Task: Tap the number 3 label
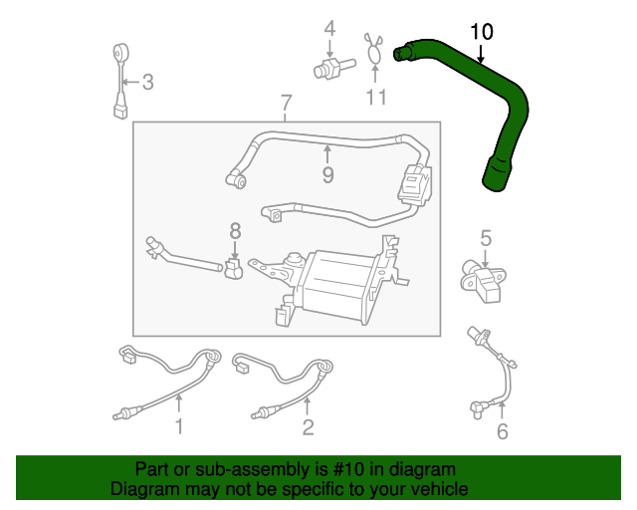point(147,83)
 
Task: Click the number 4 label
point(329,28)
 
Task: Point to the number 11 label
point(375,98)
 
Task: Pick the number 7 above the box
point(286,103)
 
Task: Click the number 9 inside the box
point(327,175)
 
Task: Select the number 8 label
point(235,231)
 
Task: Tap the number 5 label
point(486,238)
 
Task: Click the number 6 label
point(502,431)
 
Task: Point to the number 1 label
point(179,428)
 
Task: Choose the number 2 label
point(308,428)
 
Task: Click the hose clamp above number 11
point(375,51)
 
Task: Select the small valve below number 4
point(328,71)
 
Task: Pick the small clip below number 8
point(235,269)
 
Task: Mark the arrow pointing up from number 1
point(179,404)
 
